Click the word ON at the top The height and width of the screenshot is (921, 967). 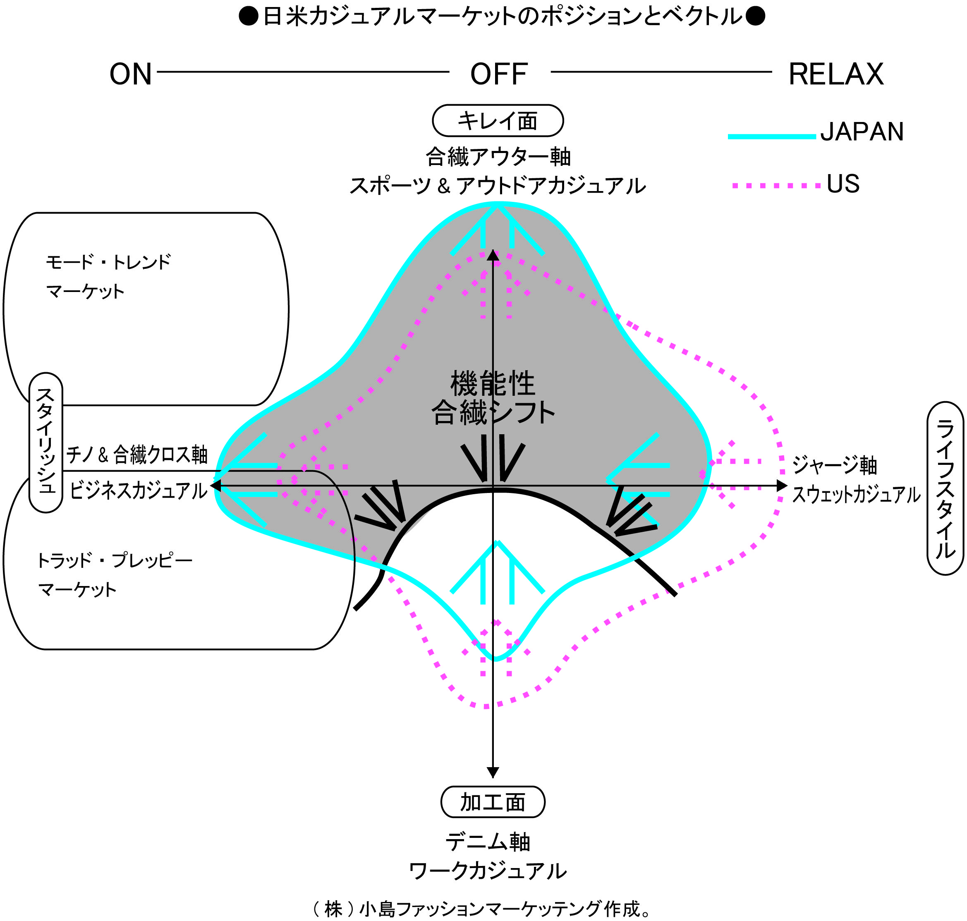[x=130, y=74]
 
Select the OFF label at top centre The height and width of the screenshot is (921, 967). [x=499, y=74]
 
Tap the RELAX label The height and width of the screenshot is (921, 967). [x=836, y=74]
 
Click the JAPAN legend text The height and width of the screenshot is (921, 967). [x=862, y=132]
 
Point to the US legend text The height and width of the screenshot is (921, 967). [x=843, y=184]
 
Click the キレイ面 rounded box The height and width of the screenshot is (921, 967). [x=498, y=121]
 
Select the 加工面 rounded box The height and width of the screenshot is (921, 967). [x=493, y=802]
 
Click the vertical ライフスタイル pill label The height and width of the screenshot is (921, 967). [x=945, y=488]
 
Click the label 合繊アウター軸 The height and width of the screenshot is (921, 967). [x=498, y=157]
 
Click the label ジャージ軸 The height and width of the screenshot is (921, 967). [x=835, y=465]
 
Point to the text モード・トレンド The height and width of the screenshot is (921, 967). [x=108, y=262]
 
